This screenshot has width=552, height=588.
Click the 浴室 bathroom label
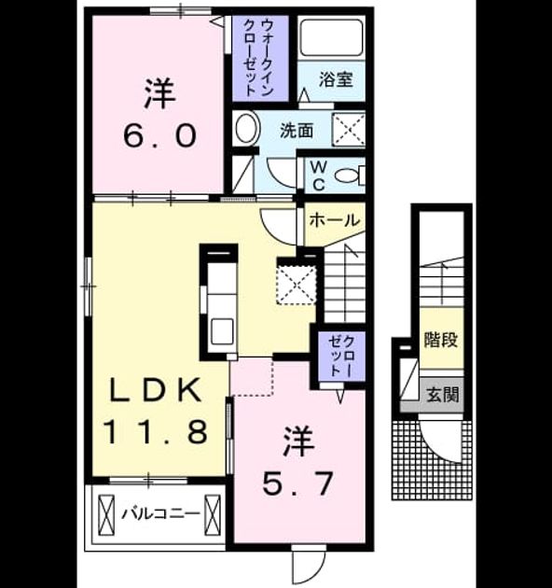(336, 79)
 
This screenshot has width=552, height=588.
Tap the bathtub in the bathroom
(332, 38)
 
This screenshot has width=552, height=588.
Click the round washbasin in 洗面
(246, 128)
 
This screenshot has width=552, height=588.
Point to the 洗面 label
(297, 131)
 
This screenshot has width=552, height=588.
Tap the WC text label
(318, 175)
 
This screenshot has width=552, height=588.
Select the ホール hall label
(334, 219)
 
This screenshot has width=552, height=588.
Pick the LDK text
(154, 391)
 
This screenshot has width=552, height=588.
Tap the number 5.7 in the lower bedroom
(297, 483)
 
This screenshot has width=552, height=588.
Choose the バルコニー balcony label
(160, 512)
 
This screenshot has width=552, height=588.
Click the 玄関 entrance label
(442, 395)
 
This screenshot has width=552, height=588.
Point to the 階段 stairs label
(441, 340)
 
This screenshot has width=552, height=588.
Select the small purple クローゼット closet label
(341, 356)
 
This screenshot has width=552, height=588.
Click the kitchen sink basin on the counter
(222, 331)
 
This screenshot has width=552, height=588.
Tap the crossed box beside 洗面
(348, 129)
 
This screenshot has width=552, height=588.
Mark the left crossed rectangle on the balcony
(105, 515)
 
